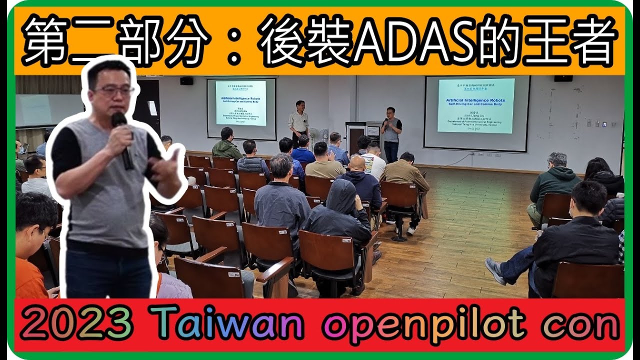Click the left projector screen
coord(241,108)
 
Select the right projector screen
coord(476,112)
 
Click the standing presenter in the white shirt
coord(299,122)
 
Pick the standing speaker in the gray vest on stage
coord(391,131)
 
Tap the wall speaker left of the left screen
coord(186,81)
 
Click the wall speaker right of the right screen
coord(563,78)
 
